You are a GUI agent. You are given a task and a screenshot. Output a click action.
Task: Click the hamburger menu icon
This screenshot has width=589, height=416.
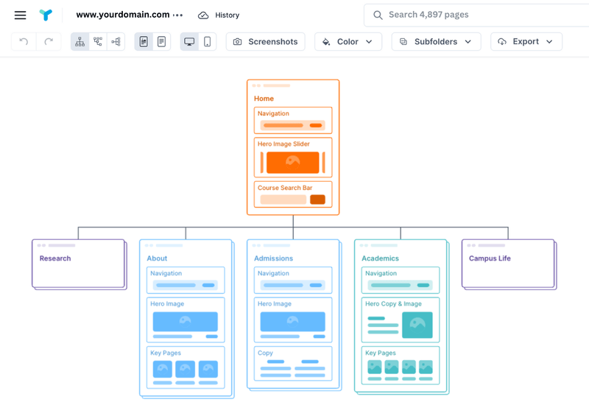pos(20,15)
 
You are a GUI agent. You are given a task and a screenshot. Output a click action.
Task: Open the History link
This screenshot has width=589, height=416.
pos(219,15)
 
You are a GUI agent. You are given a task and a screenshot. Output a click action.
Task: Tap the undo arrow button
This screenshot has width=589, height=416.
pos(24,42)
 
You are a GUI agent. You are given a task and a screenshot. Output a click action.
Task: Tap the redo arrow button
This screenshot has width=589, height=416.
pos(49,42)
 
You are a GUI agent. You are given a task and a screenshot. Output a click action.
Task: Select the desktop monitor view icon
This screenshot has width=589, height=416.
pos(189,42)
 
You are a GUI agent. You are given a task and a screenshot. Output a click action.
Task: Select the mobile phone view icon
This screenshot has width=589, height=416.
pos(208,42)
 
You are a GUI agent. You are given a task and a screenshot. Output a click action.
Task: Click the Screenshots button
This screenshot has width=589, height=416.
pos(265,42)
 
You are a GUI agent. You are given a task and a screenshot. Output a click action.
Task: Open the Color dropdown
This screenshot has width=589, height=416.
pos(348,42)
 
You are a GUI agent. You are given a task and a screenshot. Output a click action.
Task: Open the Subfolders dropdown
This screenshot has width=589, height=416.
pos(436,42)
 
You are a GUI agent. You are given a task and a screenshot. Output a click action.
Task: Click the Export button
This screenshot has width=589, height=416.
pos(526,42)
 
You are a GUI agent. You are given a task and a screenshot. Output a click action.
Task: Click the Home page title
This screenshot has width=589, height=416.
pos(264,99)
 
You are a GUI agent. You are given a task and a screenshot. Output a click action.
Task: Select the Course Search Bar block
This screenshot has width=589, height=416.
pos(293,194)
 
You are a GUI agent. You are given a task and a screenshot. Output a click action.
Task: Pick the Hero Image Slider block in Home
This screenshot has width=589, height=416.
pos(293,157)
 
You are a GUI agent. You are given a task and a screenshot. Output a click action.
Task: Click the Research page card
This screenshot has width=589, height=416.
pos(78,263)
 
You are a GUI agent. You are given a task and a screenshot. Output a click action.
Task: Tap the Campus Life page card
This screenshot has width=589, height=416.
pos(508,263)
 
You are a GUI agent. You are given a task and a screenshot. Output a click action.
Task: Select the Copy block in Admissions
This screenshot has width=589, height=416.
pos(293,364)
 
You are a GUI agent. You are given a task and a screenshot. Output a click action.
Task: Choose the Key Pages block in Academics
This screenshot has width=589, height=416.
pos(401,365)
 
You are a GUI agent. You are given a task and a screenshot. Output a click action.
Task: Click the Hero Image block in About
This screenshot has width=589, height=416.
pos(186,317)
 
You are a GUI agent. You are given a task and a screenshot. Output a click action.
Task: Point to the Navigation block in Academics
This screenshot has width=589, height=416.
pos(401,280)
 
